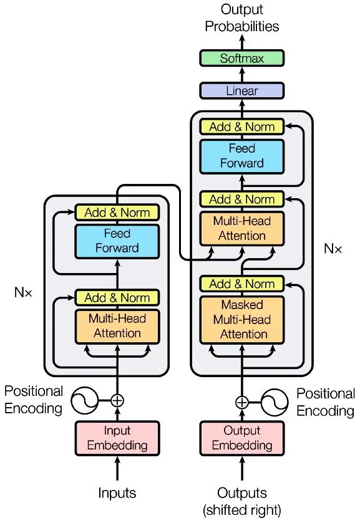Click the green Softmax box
coord(242,59)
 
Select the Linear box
coord(242,91)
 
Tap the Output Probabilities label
coord(242,18)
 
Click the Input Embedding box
coord(117,438)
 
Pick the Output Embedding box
coord(242,438)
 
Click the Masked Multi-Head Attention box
coord(242,320)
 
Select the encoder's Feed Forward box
coord(117,241)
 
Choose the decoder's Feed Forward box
coord(242,156)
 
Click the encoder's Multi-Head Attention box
coord(117,326)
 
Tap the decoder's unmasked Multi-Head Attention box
coord(242,229)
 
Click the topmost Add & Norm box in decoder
coord(242,127)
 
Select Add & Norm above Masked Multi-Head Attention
coord(242,284)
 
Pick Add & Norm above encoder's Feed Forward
coord(117,213)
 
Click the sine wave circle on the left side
coord(84,401)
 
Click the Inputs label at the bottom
coord(117,493)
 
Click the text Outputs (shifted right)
coord(242,501)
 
